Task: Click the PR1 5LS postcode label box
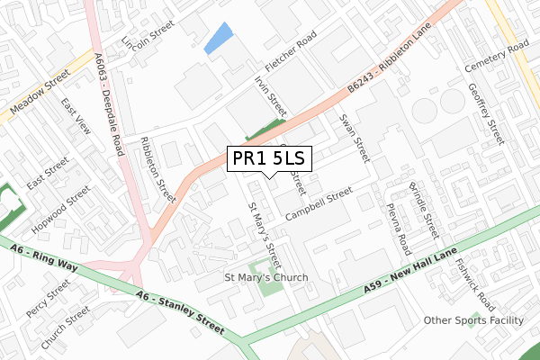click(269, 158)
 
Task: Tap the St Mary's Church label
click(265, 278)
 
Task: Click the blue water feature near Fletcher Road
click(218, 39)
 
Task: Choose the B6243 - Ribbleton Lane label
click(391, 53)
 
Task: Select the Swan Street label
click(354, 138)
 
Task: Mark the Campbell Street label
click(318, 204)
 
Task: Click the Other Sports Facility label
click(473, 320)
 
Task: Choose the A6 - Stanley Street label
click(180, 311)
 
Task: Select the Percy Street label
click(48, 294)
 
